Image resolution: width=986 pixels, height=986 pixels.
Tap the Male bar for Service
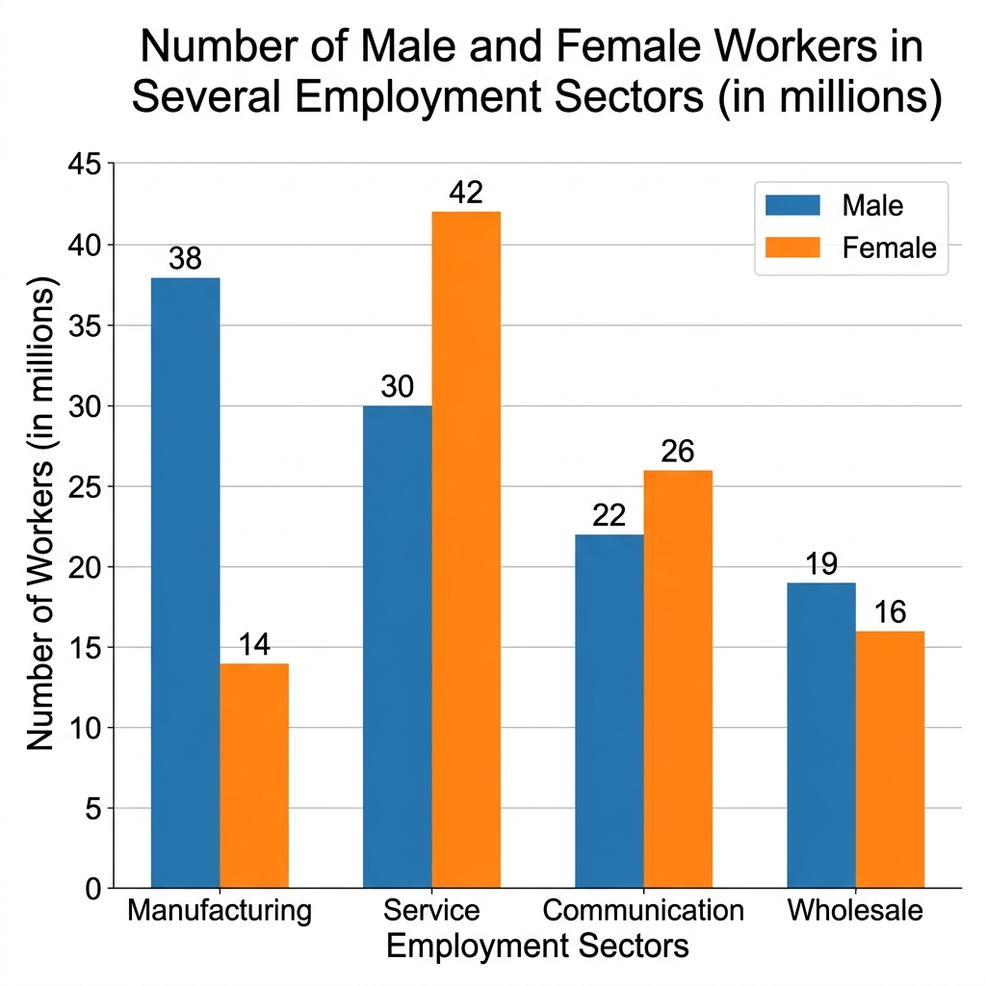[x=398, y=646]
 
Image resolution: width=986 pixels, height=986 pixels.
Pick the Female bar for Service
[x=466, y=550]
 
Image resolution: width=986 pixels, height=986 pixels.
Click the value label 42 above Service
[x=466, y=194]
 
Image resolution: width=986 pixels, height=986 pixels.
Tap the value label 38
[x=185, y=259]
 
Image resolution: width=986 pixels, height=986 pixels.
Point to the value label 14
[x=254, y=645]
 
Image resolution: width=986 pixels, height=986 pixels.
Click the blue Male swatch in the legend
[x=792, y=205]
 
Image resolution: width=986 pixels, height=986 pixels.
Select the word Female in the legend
[x=889, y=247]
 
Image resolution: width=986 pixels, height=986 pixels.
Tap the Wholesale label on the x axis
[x=855, y=910]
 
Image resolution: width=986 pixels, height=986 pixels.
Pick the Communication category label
[x=643, y=910]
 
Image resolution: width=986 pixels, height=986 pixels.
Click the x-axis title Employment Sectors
[x=537, y=946]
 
